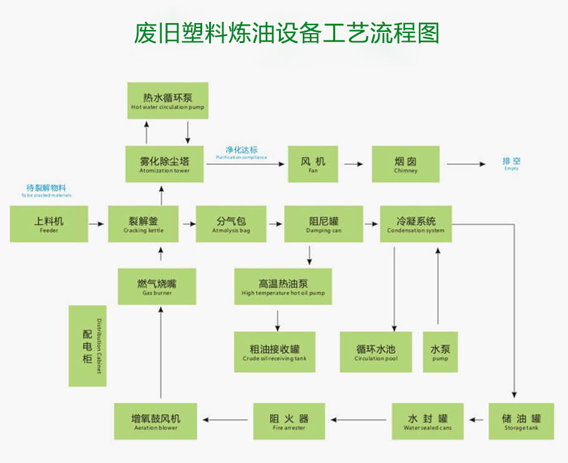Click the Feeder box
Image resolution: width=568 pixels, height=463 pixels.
49,224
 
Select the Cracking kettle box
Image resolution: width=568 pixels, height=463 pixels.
144,224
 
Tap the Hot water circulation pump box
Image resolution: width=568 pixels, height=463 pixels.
167,100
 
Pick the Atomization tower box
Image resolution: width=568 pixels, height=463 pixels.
165,164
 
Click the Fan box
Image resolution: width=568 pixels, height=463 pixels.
313,164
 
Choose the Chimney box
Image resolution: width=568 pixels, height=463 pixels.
406,164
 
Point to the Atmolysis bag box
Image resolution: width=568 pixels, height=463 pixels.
231,224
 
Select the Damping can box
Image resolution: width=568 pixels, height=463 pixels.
323,224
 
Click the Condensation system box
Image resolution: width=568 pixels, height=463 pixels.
416,224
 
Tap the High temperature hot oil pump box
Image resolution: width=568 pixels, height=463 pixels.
283,286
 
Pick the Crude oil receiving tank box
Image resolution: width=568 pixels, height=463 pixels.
275,352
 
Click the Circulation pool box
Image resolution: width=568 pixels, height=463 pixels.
376,352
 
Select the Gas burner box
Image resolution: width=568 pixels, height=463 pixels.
157,286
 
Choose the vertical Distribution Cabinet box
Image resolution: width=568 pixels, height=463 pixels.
87,346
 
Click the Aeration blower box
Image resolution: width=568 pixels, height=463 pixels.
155,421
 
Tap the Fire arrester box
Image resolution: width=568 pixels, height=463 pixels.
288,421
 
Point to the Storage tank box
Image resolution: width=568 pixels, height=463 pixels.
521,421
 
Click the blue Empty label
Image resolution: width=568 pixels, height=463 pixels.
511,164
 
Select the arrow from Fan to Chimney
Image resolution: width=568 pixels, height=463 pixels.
353,164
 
